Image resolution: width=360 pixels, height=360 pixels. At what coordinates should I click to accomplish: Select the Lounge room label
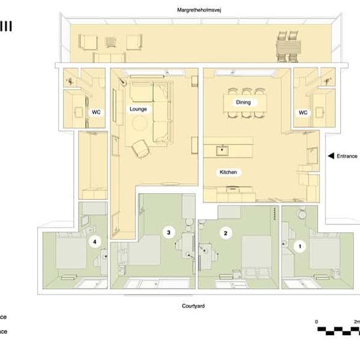[x=138, y=109]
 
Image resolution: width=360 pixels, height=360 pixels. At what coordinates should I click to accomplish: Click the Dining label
[x=243, y=103]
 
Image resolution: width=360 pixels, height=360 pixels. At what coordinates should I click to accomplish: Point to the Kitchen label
[x=228, y=172]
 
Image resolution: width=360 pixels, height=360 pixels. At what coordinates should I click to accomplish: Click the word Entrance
[x=347, y=156]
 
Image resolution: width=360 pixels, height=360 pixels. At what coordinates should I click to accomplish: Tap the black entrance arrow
[x=331, y=156]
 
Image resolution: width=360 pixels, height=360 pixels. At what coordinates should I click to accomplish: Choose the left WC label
[x=96, y=113]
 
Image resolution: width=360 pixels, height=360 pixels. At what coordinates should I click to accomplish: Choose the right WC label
[x=303, y=113]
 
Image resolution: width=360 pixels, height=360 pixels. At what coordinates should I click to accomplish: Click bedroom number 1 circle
[x=300, y=247]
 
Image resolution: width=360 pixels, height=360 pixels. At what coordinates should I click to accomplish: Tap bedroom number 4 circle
[x=96, y=242]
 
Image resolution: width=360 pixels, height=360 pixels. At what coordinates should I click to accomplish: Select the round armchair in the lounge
[x=141, y=149]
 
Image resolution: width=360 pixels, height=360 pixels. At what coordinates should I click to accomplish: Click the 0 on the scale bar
[x=316, y=322]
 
